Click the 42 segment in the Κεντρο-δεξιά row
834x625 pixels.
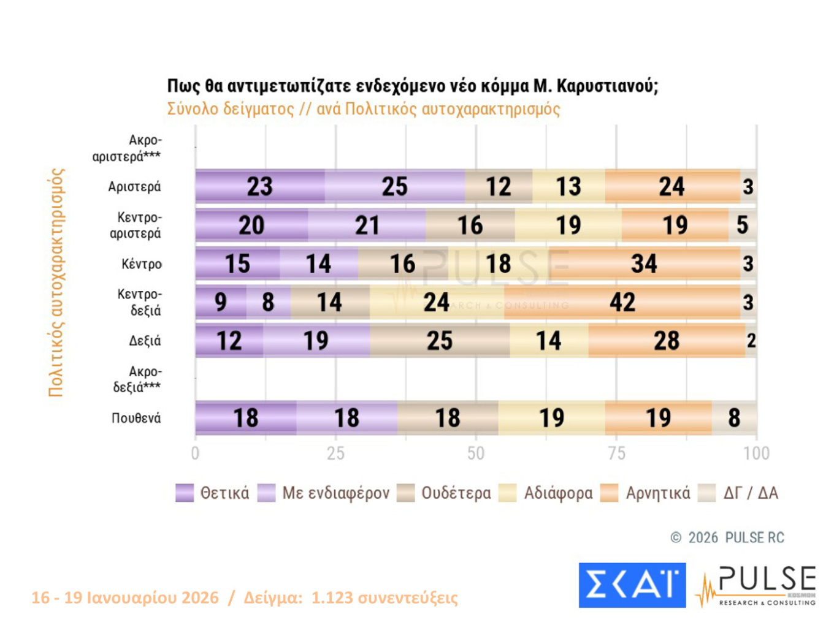coord(622,302)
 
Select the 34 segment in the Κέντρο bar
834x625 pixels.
coord(644,263)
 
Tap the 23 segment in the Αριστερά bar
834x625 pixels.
coord(259,186)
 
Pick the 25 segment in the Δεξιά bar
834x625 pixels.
coord(440,341)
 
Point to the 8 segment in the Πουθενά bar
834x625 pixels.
coord(734,418)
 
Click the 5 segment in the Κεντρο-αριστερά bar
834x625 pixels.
coord(742,225)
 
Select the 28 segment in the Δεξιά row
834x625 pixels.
coord(667,341)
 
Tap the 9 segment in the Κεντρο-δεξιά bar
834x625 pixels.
coord(221,302)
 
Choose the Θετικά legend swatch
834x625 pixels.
coord(185,493)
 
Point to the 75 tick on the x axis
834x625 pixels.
coord(616,453)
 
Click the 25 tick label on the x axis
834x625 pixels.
coord(335,453)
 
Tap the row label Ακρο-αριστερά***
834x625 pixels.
coord(127,148)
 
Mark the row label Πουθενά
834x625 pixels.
coord(136,418)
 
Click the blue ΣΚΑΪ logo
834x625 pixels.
coord(632,585)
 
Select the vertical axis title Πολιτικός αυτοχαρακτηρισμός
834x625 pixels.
coord(56,282)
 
